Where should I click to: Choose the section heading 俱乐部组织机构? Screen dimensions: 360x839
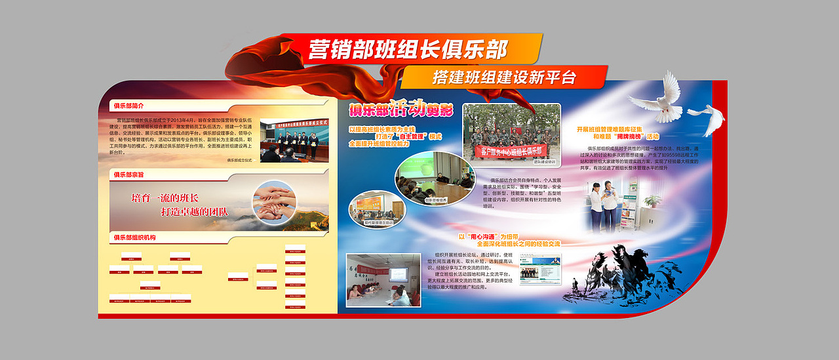tap(134, 237)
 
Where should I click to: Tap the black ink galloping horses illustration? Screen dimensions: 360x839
tap(609, 276)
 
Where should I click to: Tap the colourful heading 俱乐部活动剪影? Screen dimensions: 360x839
tap(400, 108)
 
